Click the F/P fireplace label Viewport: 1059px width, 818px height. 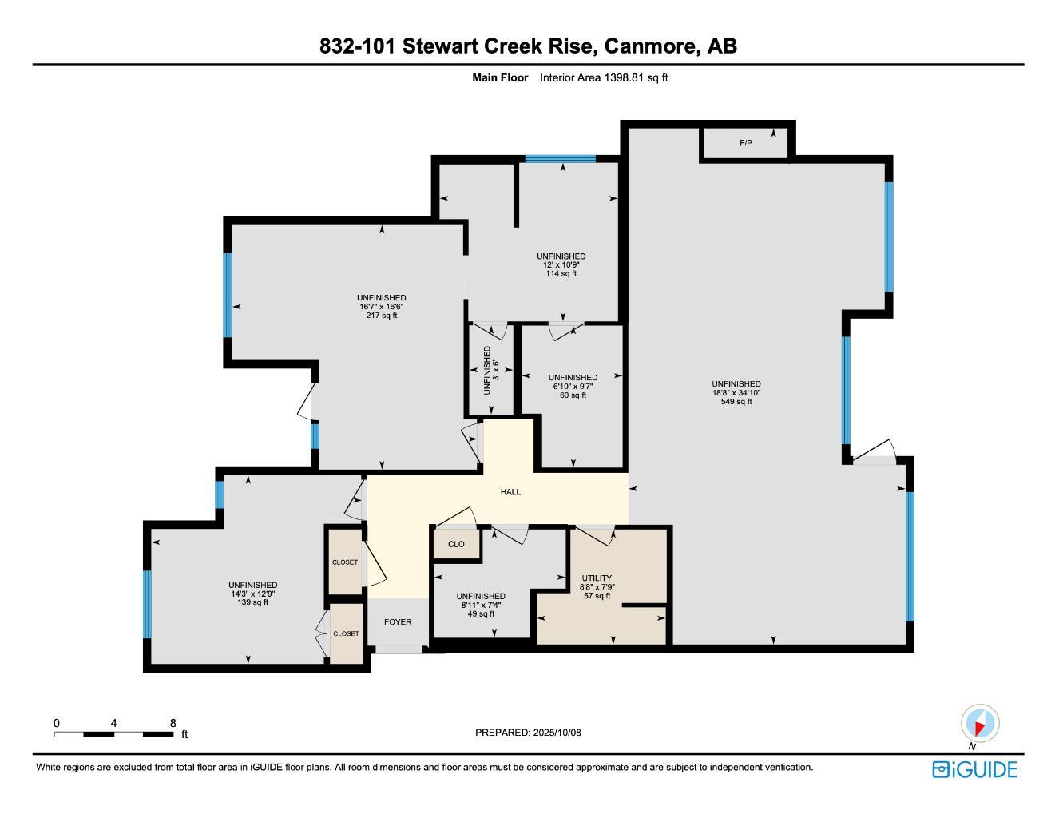(x=745, y=143)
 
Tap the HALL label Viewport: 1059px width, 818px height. (x=510, y=492)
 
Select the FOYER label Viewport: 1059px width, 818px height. (x=398, y=621)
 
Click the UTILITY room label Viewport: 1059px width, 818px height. (x=597, y=578)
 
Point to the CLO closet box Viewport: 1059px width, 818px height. (x=456, y=544)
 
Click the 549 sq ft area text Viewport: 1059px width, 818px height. (x=736, y=402)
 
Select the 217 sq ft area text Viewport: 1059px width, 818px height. (x=382, y=316)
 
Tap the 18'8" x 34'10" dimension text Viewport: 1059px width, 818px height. (x=736, y=393)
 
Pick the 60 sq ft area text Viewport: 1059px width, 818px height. (x=573, y=395)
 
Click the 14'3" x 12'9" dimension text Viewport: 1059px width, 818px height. (x=252, y=594)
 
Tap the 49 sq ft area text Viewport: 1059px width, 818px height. (x=481, y=613)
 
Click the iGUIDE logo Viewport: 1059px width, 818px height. (x=974, y=769)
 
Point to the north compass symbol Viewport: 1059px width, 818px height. (x=979, y=724)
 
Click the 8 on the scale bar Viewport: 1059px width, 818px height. (x=173, y=723)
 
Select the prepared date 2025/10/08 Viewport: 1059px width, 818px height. (x=557, y=733)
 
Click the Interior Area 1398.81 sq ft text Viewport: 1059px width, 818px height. (x=604, y=77)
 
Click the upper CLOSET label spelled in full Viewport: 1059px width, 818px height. (x=345, y=562)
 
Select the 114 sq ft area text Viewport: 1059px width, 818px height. (x=561, y=274)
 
